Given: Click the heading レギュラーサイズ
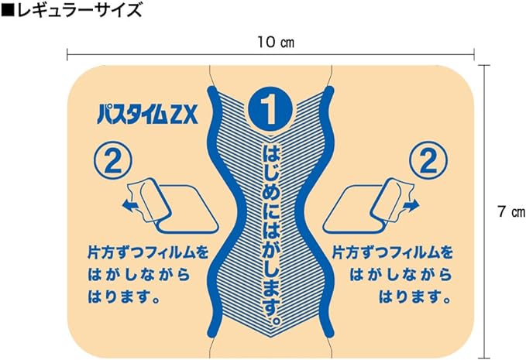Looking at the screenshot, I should [77, 11].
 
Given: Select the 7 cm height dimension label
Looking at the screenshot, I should [507, 209].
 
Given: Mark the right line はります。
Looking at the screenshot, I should [413, 297].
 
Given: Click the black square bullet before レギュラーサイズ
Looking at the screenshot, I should [7, 11].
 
